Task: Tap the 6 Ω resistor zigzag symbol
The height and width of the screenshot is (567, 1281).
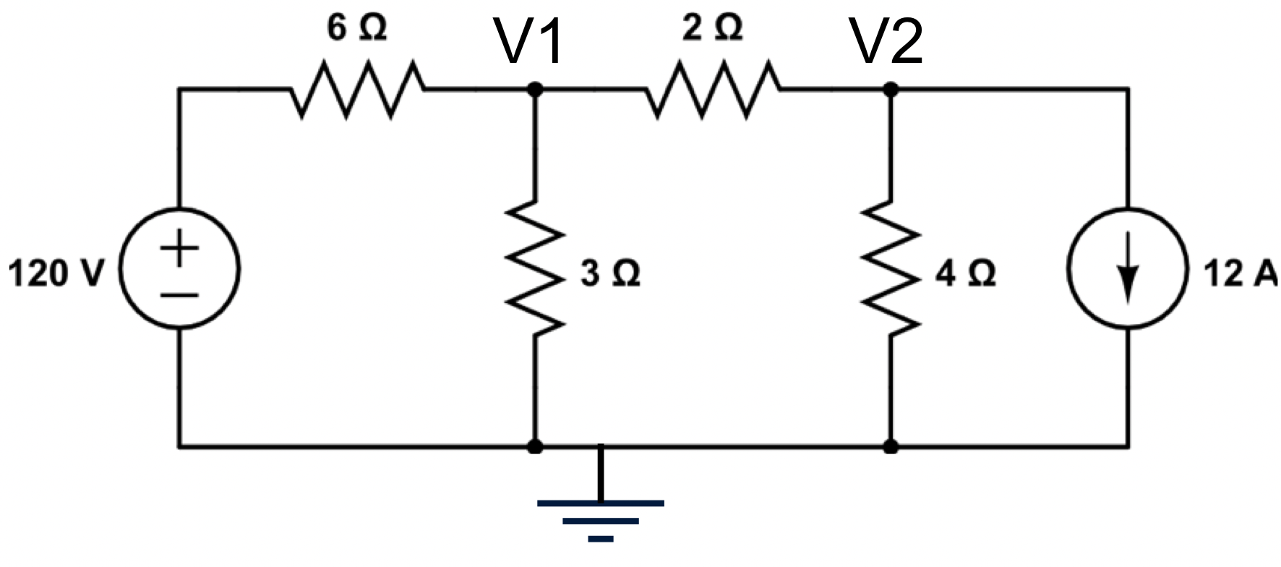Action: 357,89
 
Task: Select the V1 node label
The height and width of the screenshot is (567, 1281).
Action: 529,42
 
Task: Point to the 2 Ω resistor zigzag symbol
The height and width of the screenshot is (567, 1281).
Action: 713,89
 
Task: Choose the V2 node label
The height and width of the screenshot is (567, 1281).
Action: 886,42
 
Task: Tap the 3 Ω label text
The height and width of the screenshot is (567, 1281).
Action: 610,274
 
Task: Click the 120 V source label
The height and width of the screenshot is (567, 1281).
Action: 56,275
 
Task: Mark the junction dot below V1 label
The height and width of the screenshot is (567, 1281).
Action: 535,89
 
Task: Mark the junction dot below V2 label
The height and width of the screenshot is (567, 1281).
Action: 891,89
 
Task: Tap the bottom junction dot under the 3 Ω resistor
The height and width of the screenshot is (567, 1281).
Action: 535,447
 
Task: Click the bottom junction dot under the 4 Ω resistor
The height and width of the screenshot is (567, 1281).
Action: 891,447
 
